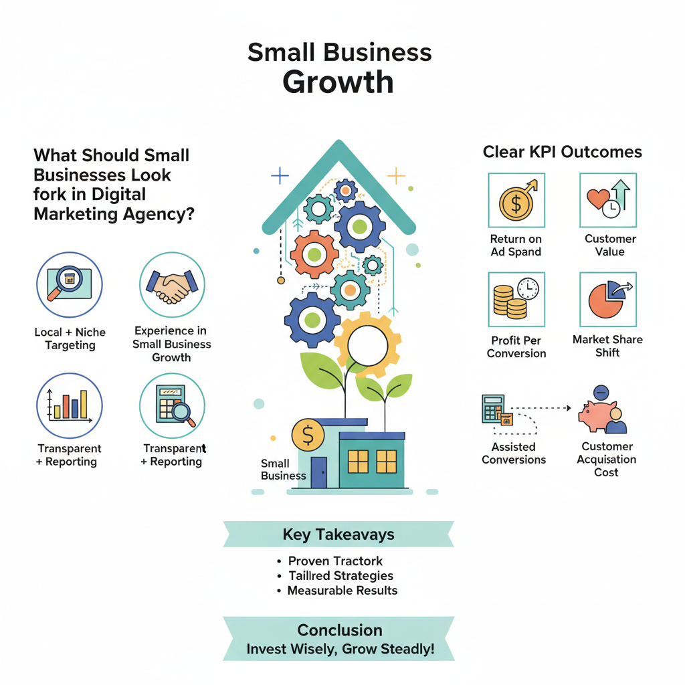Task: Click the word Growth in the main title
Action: pyautogui.click(x=338, y=82)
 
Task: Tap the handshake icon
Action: pyautogui.click(x=172, y=285)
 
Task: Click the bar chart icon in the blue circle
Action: pyautogui.click(x=69, y=406)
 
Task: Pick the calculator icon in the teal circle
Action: pyautogui.click(x=172, y=404)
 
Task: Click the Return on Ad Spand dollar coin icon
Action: pyautogui.click(x=516, y=201)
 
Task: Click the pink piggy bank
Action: pyautogui.click(x=597, y=415)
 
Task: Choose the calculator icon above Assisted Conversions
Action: pyautogui.click(x=493, y=408)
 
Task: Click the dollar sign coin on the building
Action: pyautogui.click(x=308, y=436)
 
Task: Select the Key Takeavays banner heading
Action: pyautogui.click(x=338, y=534)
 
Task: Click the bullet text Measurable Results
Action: pyautogui.click(x=342, y=591)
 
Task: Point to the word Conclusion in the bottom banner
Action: pyautogui.click(x=340, y=630)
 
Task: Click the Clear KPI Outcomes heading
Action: pyautogui.click(x=562, y=153)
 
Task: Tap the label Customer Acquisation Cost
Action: pyautogui.click(x=607, y=460)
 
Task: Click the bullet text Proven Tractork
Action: pyautogui.click(x=335, y=561)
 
